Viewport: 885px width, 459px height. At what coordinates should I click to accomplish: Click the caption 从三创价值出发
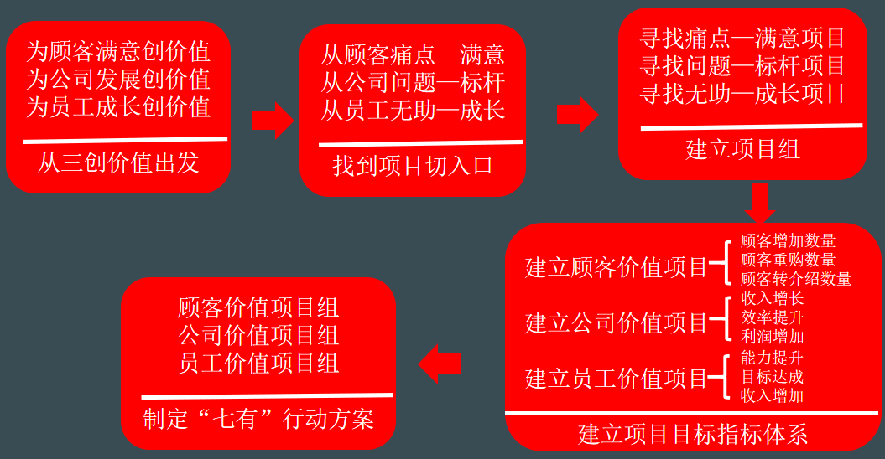pos(118,162)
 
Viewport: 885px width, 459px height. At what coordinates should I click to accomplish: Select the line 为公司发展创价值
pos(118,80)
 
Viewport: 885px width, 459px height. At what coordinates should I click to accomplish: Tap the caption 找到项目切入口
pos(413,166)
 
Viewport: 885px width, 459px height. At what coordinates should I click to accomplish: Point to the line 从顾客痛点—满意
pos(413,55)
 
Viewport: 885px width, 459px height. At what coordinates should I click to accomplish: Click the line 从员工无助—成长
pos(413,109)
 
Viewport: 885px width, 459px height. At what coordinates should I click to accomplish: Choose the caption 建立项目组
pos(742,149)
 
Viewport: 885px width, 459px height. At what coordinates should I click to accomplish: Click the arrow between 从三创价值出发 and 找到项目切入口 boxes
pos(272,120)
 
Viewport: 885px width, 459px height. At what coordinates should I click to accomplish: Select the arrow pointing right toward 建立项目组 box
pos(577,115)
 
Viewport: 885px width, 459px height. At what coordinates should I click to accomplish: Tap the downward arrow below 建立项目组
pos(760,203)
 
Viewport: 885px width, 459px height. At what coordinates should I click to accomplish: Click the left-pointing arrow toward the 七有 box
pos(440,364)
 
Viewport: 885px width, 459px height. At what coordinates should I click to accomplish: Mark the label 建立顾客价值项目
pos(617,267)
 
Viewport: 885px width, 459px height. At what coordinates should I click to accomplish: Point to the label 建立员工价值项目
pos(617,378)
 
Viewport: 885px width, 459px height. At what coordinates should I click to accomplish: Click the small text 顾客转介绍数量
pos(796,279)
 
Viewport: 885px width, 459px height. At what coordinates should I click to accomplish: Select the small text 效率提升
pos(773,317)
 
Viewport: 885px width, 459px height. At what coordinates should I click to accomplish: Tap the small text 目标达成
pos(773,377)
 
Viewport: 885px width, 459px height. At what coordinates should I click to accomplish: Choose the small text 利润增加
pos(773,337)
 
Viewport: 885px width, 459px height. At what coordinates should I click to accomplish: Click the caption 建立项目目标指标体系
pos(693,435)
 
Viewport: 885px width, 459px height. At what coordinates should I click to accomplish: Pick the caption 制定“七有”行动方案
pos(258,418)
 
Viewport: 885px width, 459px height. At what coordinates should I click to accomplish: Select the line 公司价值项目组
pos(258,336)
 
